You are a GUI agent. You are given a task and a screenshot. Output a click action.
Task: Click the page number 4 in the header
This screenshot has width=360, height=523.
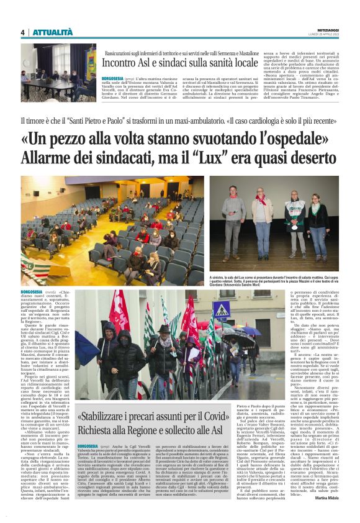coord(22,32)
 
